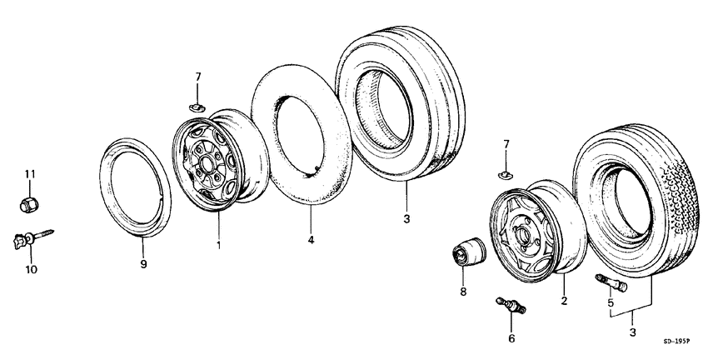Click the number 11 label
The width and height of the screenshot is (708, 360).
(30, 173)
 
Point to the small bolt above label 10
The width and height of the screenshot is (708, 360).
(30, 238)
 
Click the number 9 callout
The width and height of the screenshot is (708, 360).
(142, 264)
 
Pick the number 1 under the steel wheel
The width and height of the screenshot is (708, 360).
(219, 245)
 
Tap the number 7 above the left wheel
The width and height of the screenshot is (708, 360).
(197, 77)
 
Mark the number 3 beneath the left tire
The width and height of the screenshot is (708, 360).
(406, 219)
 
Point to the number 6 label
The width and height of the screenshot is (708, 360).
(511, 338)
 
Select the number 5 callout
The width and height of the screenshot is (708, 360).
(611, 303)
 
